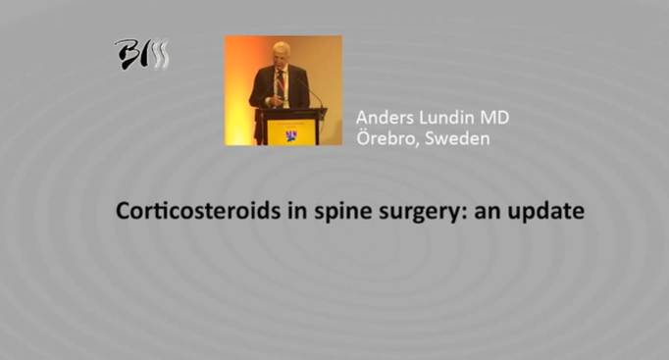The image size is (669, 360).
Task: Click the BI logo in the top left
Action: [x=141, y=53]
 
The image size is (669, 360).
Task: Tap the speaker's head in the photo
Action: [x=281, y=53]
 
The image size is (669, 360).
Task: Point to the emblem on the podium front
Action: [x=291, y=132]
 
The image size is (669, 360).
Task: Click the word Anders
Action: [x=386, y=119]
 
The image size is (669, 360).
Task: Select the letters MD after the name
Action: [x=496, y=119]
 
